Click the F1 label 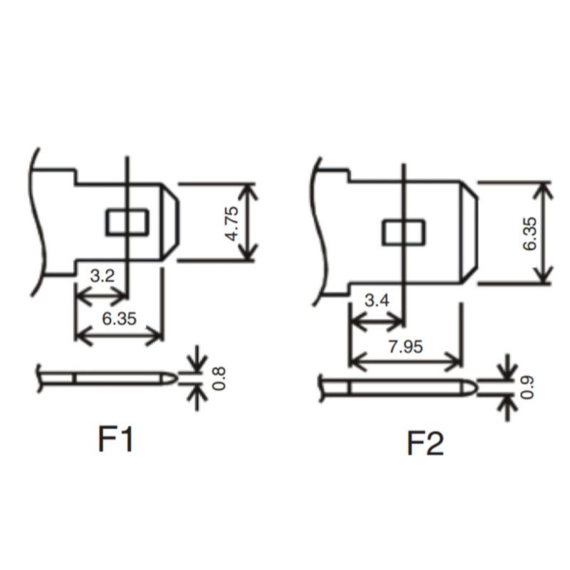115,439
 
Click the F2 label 425,443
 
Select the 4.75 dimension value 232,223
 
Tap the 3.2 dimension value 102,276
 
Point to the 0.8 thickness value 219,378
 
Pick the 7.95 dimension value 405,347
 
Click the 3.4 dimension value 377,301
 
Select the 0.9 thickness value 527,388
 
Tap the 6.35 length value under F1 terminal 119,318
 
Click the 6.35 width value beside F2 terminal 529,234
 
